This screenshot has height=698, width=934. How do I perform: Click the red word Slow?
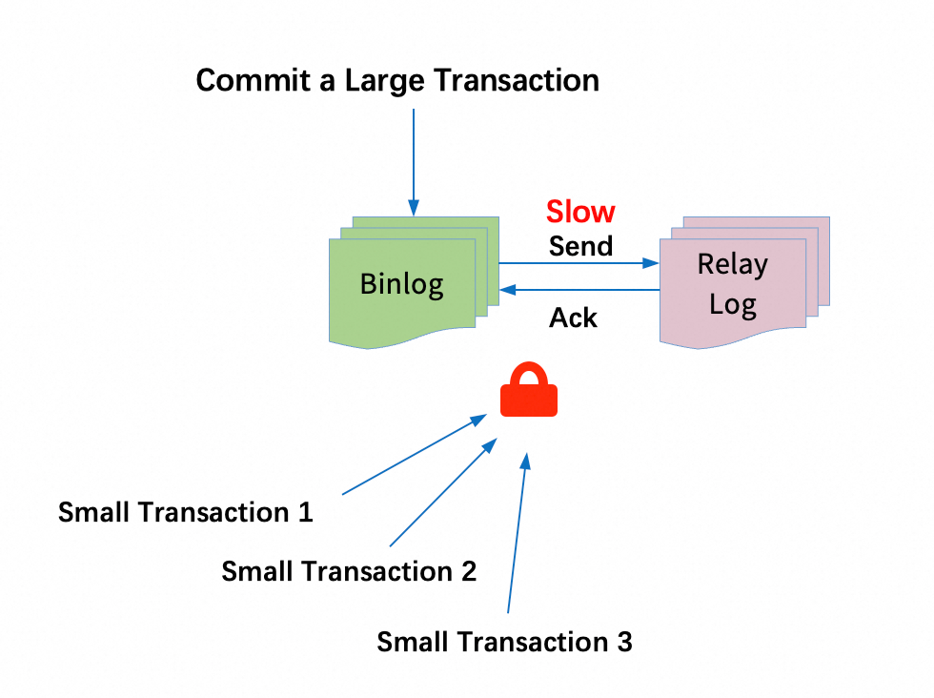point(580,212)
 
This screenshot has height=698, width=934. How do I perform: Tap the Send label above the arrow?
point(580,246)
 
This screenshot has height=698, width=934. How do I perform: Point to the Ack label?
point(573,318)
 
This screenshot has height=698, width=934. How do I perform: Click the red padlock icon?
point(529,389)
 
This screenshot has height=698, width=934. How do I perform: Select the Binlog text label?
point(401,284)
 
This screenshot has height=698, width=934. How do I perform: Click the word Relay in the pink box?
point(733,265)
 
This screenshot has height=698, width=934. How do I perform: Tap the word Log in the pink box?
point(733,304)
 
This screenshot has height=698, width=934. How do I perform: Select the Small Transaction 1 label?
point(185,512)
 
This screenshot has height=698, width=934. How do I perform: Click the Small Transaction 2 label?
point(349,571)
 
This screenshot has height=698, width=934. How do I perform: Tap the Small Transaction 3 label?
point(504,642)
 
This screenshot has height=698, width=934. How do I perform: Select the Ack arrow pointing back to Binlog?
point(579,290)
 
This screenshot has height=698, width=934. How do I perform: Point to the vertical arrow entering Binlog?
point(414,162)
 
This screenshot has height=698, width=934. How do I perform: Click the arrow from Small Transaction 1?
point(415,454)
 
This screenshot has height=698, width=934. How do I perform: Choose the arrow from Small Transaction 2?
point(443,492)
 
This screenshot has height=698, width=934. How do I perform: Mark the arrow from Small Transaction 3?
point(517,533)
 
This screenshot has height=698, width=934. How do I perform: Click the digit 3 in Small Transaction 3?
point(624,642)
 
